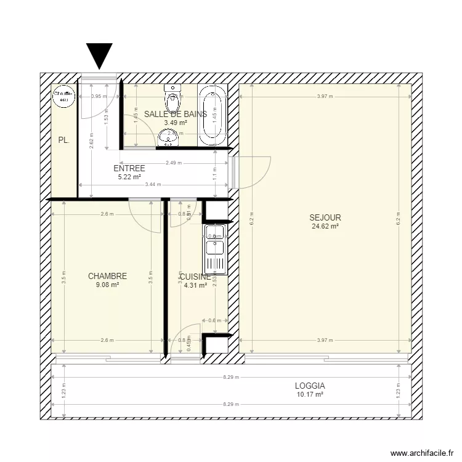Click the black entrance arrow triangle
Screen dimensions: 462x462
99,55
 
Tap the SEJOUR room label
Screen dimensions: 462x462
325,217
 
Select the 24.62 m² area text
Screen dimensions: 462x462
325,226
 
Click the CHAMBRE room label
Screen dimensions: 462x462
107,277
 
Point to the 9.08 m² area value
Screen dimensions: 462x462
107,285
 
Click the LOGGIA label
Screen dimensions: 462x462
310,386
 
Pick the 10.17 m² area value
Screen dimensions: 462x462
310,395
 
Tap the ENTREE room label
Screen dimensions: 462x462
129,168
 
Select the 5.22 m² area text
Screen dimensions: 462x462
129,177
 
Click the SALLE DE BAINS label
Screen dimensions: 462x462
176,114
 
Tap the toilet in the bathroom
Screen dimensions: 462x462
172,95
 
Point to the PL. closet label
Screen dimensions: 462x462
63,140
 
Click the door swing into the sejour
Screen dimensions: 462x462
254,172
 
